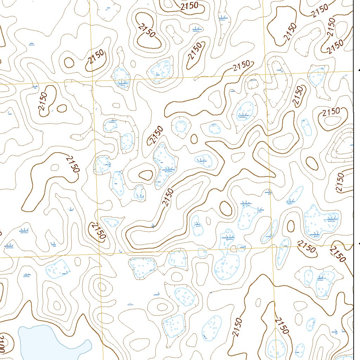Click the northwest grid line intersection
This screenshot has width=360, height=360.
click(x=93, y=81)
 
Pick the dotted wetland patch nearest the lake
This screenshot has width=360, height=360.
click(x=58, y=269)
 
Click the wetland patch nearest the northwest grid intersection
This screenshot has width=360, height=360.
click(x=121, y=78)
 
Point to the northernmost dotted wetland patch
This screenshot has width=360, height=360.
click(x=160, y=70)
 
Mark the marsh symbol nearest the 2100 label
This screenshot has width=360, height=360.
click(x=27, y=275)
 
